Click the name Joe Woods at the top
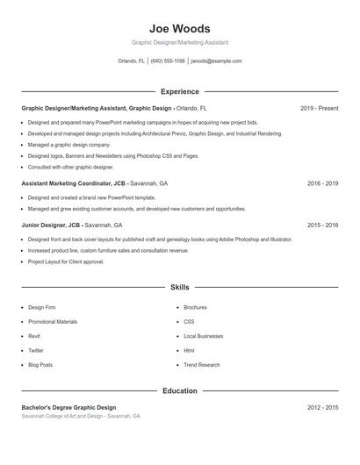(179, 29)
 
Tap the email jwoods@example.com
(216, 61)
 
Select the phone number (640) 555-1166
(168, 61)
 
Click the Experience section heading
(179, 91)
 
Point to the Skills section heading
(179, 287)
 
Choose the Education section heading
(179, 390)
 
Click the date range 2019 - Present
(319, 108)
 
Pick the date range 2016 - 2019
(322, 184)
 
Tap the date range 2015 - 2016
(322, 225)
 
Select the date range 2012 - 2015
(322, 407)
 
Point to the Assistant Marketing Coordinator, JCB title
(74, 184)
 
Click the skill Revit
(35, 336)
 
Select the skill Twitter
(36, 350)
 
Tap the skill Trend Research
(201, 365)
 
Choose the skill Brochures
(195, 308)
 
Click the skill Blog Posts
(40, 365)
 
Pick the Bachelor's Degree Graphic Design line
(68, 407)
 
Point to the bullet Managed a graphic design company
(68, 144)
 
